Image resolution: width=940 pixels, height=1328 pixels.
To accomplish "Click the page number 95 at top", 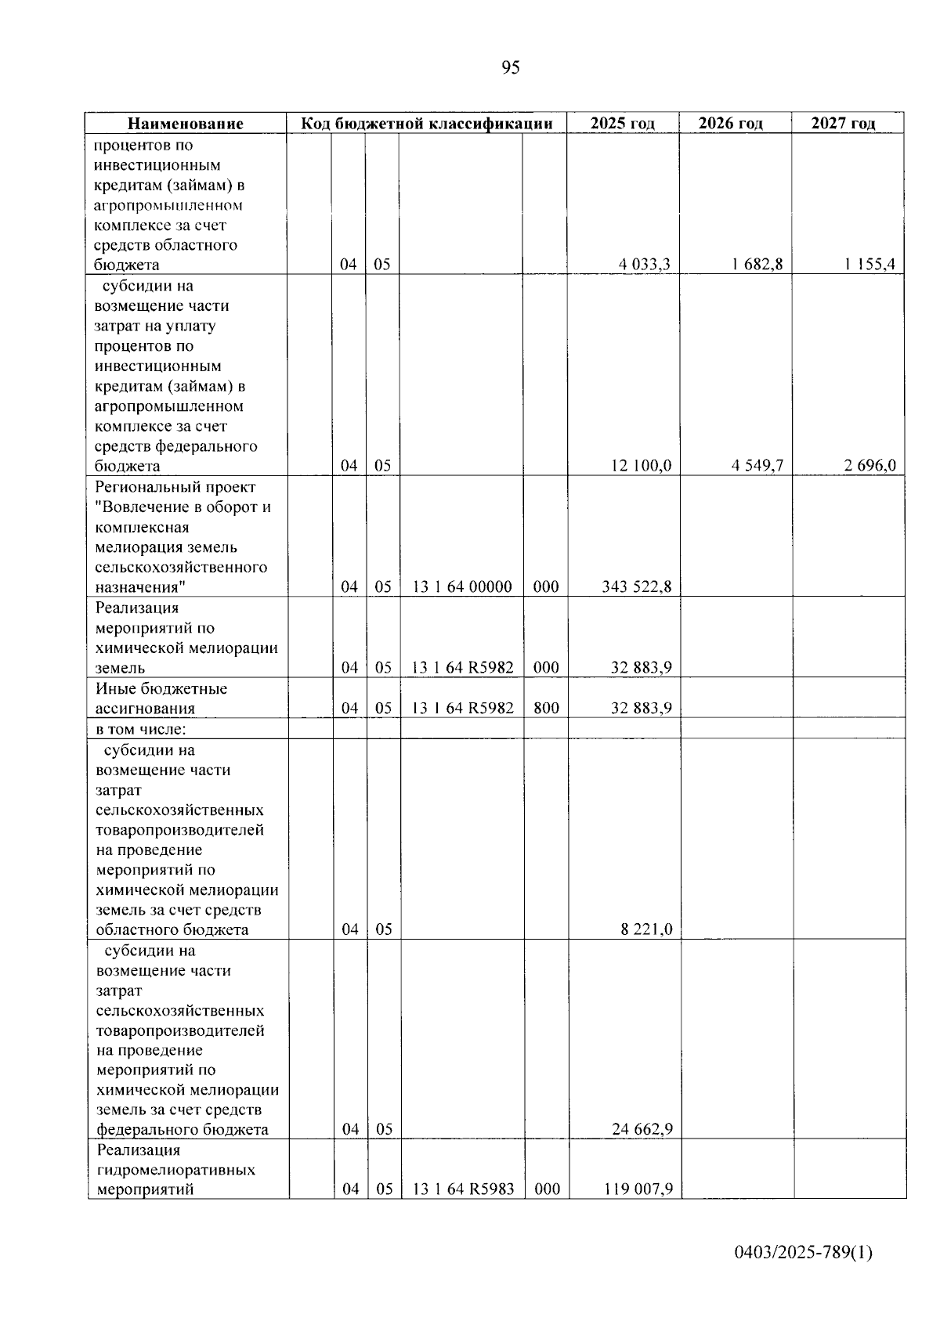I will click(510, 68).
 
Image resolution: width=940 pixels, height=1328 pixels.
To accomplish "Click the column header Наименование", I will click(186, 124).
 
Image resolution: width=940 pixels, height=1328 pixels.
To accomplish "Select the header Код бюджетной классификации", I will click(427, 124).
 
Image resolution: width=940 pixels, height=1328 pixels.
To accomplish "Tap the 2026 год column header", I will click(730, 124).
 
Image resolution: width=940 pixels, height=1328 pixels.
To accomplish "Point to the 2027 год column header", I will click(843, 124).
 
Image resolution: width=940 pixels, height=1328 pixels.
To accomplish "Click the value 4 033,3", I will click(645, 265).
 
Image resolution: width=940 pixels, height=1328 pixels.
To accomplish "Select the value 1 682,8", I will click(757, 265).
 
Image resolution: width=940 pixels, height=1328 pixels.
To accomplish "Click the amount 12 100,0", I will click(641, 466).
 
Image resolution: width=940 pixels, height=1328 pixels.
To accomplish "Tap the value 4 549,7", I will click(757, 466).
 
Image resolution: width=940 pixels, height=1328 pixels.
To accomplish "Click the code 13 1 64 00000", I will click(462, 587).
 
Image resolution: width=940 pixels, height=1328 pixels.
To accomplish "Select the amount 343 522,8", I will click(637, 587).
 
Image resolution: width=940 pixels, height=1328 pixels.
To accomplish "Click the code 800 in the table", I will click(546, 709).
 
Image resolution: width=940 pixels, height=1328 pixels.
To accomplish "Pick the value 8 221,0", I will click(646, 930).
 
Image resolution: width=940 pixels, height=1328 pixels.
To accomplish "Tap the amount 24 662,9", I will click(642, 1130).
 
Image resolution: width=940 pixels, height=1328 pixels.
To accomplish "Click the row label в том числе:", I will click(141, 729).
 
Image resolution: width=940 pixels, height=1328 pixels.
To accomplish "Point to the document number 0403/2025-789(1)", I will click(803, 1254).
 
